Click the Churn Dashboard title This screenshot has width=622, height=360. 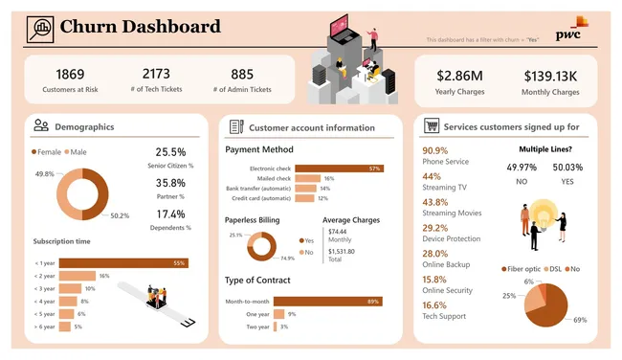140,27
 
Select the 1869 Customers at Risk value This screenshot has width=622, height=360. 70,74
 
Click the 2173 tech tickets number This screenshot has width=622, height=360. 156,74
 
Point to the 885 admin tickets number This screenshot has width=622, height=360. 242,74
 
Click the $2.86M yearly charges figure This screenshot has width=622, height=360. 459,76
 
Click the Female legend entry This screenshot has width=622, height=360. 48,151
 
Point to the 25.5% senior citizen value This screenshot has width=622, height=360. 170,151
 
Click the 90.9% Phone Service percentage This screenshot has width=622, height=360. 434,150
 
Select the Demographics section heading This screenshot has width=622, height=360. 84,126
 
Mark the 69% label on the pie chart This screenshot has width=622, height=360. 579,320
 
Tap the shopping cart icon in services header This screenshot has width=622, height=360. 432,126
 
